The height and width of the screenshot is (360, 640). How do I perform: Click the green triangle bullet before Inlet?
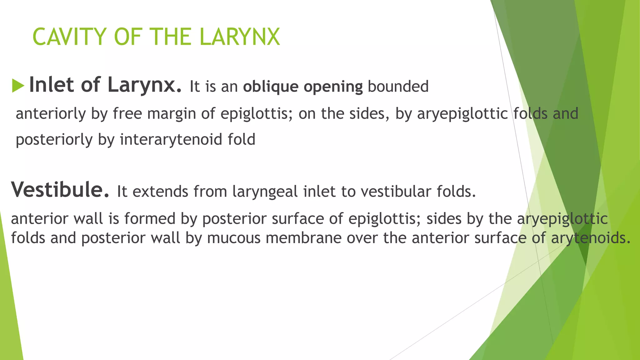coord(18,86)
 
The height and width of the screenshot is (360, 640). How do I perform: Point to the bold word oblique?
coord(271,87)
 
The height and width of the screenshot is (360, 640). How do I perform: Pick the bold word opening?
coord(333,87)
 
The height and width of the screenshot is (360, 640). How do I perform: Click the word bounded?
coord(398,86)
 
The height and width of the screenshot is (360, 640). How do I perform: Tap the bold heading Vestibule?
coord(60,190)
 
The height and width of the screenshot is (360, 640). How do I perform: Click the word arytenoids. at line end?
coord(591,238)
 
